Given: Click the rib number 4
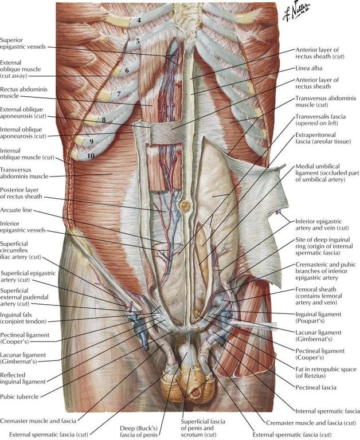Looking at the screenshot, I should click(139, 21).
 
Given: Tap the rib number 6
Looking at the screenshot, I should click(127, 70).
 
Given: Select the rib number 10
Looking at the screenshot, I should click(90, 155).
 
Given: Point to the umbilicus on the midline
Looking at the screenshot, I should click(186, 205).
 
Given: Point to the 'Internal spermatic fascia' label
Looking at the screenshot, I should click(326, 410).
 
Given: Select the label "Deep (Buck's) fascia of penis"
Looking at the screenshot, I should click(143, 429).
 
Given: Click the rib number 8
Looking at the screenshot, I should click(104, 119).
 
